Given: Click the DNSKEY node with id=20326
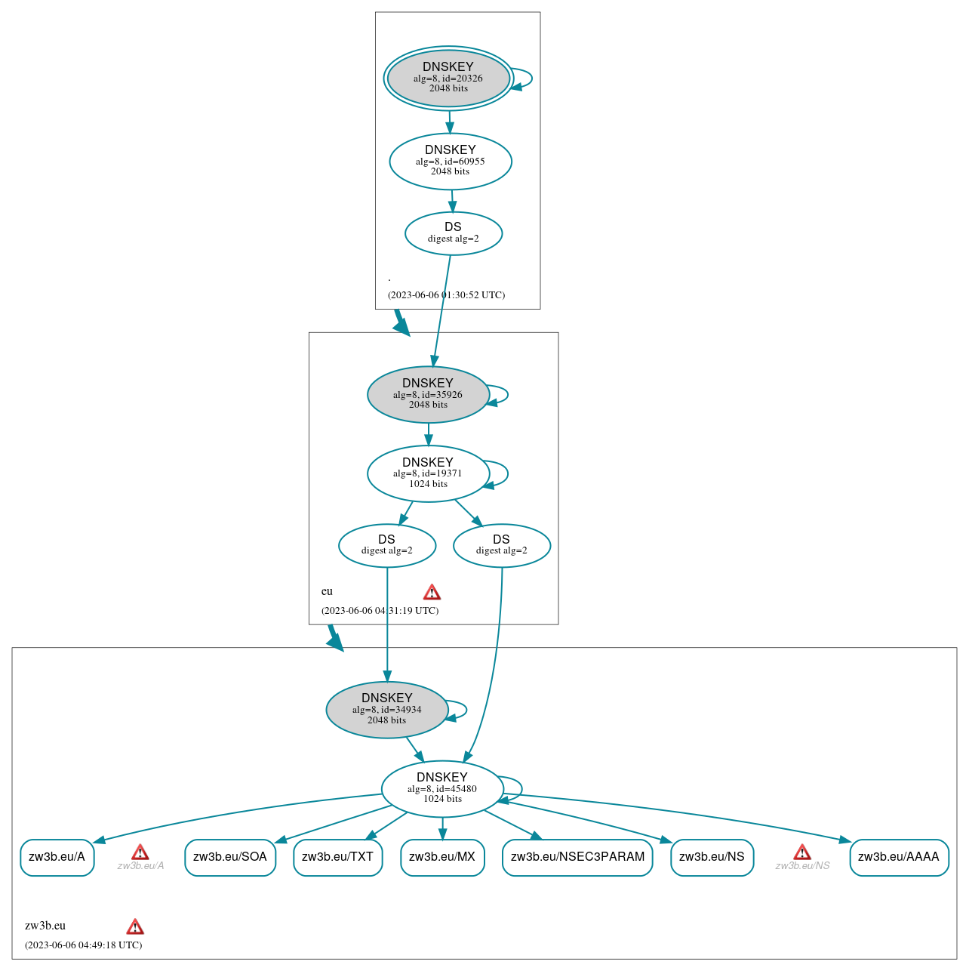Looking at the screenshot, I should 448,78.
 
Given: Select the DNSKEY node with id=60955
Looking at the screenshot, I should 451,161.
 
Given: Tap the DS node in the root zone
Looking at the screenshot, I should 453,233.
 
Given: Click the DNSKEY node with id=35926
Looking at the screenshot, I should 428,394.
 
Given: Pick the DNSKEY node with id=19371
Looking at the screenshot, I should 428,473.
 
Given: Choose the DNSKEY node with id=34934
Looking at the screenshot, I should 387,710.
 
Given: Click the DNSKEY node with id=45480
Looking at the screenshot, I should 442,788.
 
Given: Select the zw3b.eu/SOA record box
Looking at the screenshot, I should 230,857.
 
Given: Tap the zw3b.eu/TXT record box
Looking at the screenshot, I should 337,857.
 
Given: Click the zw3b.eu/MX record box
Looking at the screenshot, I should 442,857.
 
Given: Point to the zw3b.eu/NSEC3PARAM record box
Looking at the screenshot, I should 577,857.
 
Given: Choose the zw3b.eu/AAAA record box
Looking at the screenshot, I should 899,857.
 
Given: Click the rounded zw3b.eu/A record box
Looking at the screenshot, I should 57,857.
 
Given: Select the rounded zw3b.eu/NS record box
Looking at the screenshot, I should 712,857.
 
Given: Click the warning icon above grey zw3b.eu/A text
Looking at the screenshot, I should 140,852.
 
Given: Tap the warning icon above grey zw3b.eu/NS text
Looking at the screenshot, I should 802,852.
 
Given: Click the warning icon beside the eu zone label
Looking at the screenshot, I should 432,592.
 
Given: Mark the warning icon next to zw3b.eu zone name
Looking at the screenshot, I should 135,926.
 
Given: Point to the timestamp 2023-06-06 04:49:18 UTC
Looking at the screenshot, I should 83,945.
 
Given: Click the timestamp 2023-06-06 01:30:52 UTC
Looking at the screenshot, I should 446,295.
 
